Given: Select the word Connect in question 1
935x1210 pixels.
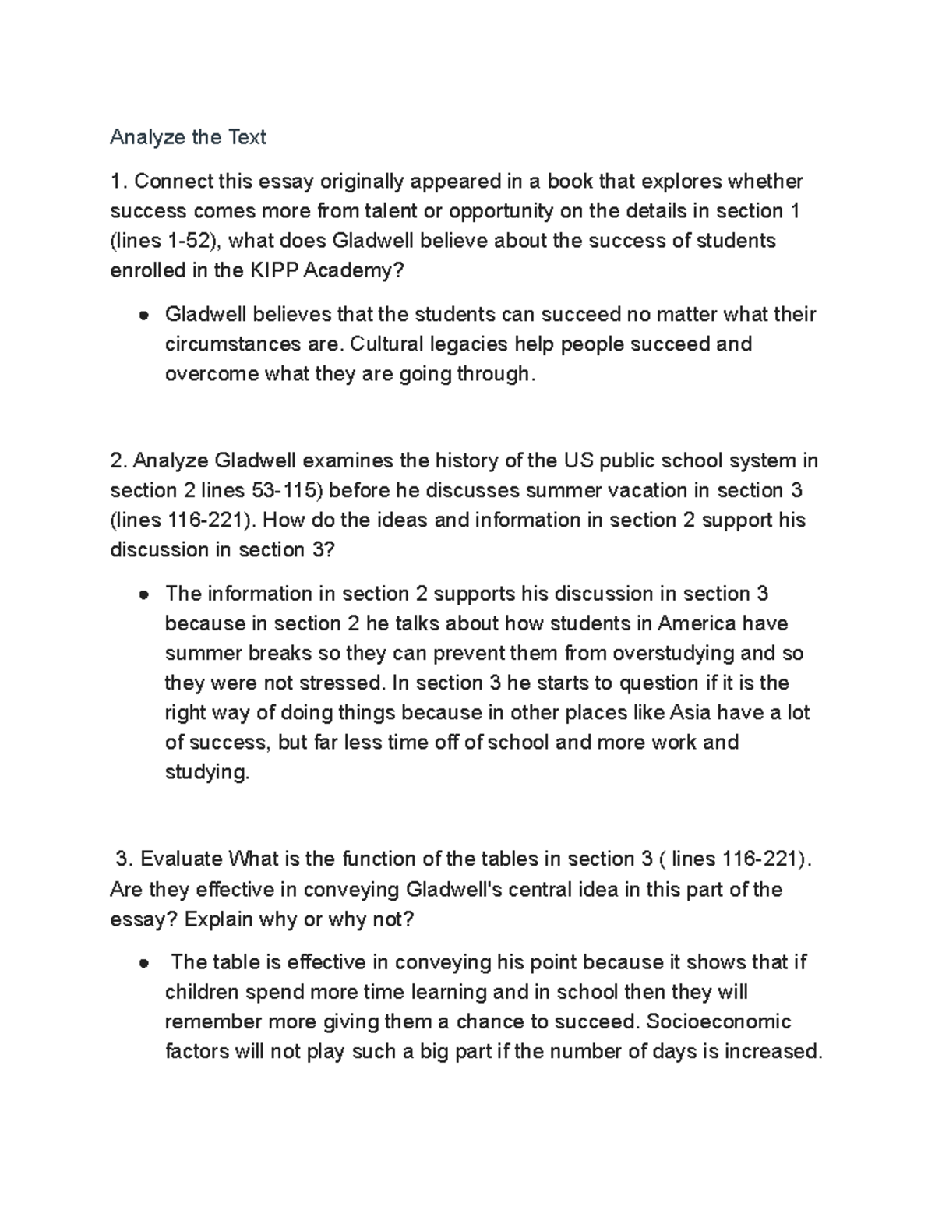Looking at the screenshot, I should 174,182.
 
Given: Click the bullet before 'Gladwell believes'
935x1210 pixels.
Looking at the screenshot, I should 143,316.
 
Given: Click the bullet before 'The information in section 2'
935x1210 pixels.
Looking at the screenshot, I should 143,595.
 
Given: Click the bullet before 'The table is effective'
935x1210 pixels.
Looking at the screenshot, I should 143,964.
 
